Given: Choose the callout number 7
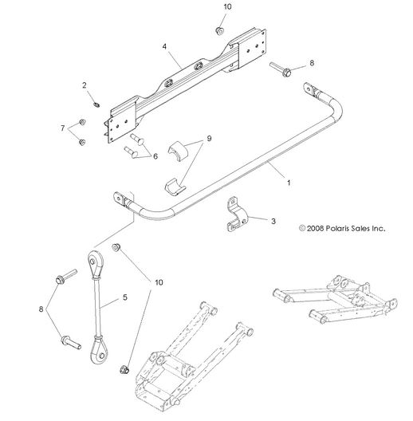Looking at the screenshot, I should [61, 128].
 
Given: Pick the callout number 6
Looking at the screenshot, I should [166, 157].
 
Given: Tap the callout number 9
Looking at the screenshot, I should [209, 138].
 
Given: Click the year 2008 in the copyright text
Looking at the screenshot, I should [309, 227].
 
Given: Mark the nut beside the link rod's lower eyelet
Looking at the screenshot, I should [124, 368].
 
